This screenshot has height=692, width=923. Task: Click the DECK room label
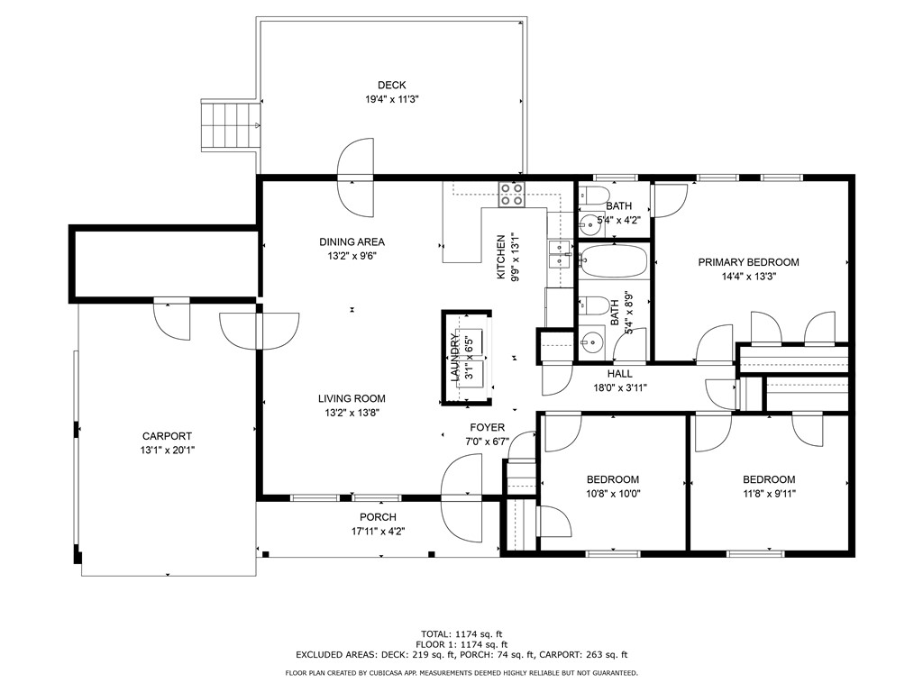(391, 86)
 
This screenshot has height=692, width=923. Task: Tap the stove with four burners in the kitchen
(512, 195)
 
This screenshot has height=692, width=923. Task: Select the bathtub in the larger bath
(614, 260)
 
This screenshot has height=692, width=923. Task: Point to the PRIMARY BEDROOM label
(748, 262)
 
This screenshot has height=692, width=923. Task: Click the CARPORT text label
(167, 436)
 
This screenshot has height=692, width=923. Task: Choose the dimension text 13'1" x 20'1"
(167, 451)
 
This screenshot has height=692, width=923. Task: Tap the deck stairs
(231, 125)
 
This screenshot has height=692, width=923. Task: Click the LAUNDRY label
(454, 357)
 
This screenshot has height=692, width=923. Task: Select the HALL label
(620, 374)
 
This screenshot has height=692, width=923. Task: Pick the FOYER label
(488, 427)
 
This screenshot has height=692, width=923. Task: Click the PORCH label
(378, 517)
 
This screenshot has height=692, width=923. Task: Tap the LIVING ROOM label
(352, 398)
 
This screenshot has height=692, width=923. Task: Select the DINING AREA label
(352, 241)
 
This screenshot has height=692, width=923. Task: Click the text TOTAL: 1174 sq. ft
(461, 634)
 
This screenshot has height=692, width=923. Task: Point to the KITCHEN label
(501, 257)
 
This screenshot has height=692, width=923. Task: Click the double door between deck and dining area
(355, 178)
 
